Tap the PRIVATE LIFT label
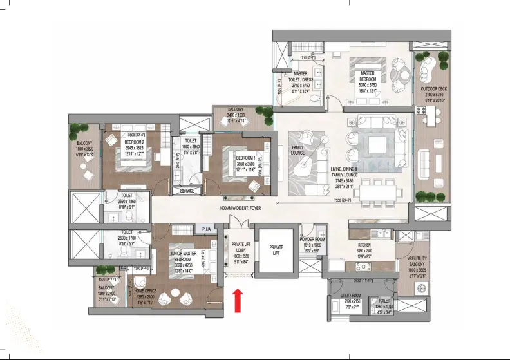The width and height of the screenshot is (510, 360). coord(276,249)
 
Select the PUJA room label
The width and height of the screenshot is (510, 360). coord(206,229)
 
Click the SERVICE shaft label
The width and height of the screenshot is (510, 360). coord(187,191)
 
